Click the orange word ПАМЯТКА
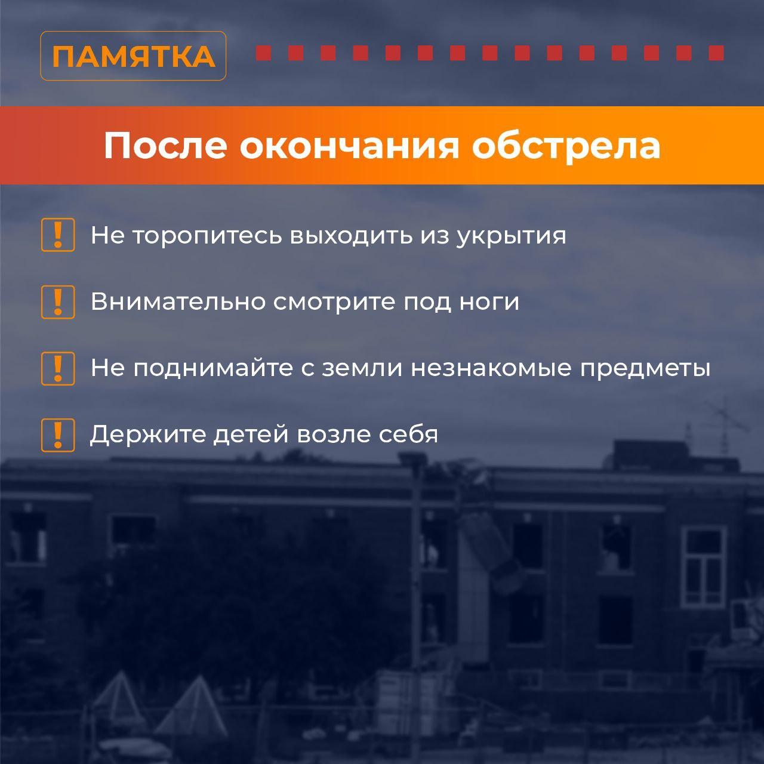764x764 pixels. click(x=134, y=56)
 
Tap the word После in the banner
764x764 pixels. click(x=165, y=146)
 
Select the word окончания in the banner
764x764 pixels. click(x=349, y=146)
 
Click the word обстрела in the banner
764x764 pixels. click(x=566, y=146)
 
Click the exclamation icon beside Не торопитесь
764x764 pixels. click(x=58, y=235)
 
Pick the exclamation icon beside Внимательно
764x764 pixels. click(x=58, y=301)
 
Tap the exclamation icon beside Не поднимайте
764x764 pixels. click(x=58, y=368)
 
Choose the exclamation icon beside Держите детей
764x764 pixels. click(x=58, y=435)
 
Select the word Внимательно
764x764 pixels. click(x=178, y=301)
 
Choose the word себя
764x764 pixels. click(x=408, y=434)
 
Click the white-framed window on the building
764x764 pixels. click(x=704, y=568)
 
